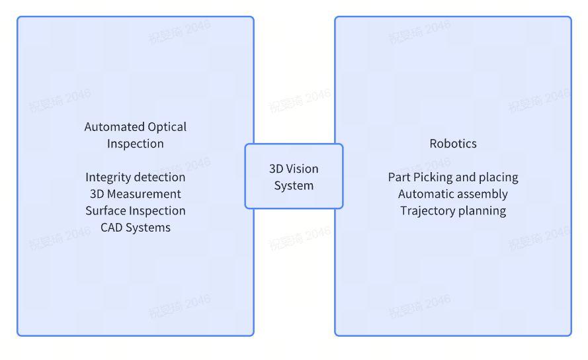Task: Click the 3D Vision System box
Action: pos(294,176)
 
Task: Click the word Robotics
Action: pos(453,144)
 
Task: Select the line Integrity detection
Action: pos(136,177)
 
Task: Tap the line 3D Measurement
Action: pos(136,194)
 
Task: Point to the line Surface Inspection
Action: pos(136,210)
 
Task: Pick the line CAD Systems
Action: pos(136,228)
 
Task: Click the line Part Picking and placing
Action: pos(453,177)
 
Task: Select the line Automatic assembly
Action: pos(453,194)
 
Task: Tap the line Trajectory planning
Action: pos(453,210)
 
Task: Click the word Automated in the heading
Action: pos(114,127)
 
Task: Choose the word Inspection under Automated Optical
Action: pos(136,144)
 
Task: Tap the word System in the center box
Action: pos(294,185)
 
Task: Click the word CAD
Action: pos(112,228)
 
